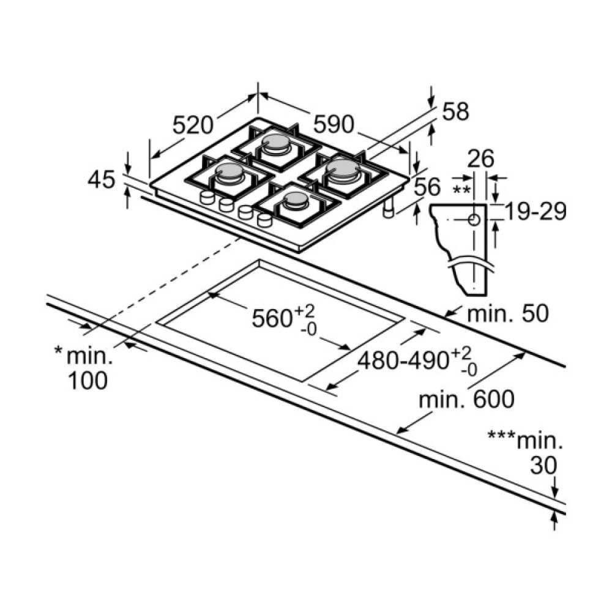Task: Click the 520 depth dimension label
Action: pos(192,125)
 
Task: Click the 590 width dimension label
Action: pos(334,125)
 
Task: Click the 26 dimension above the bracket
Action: pos(480,159)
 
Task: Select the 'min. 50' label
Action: pos(507,314)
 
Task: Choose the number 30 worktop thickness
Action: pos(543,466)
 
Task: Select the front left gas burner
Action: pos(228,173)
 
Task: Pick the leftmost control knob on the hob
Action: pos(207,197)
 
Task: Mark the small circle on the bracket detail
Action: pos(474,219)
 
